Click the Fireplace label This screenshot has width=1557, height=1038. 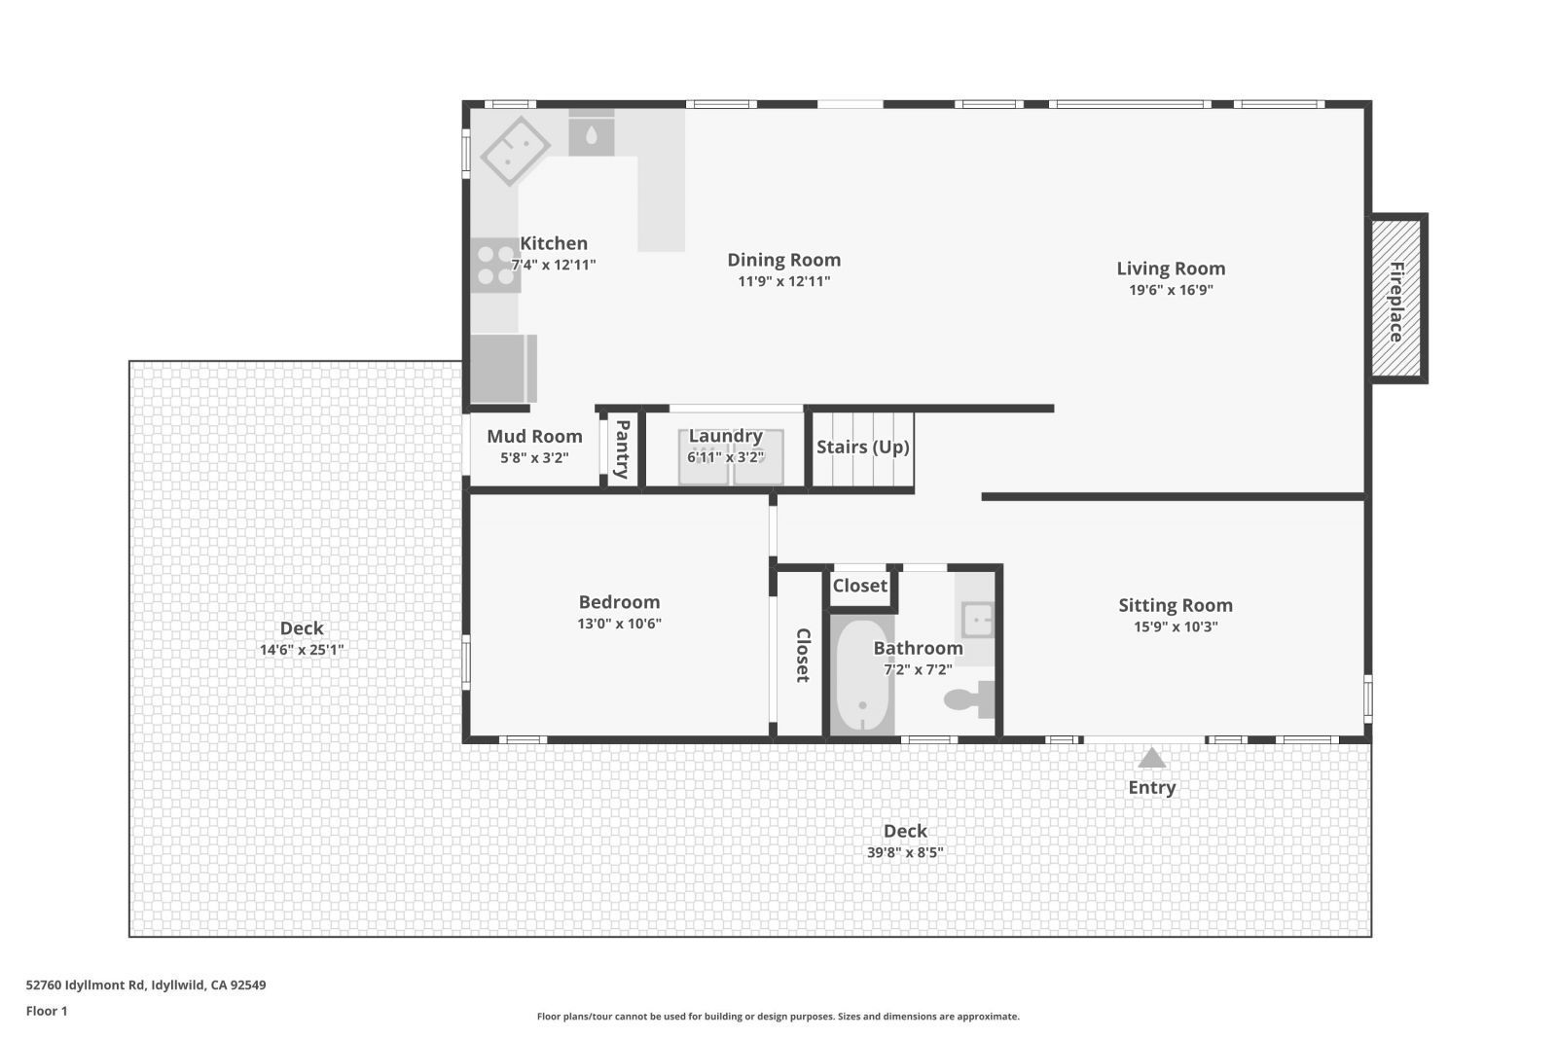click(x=1396, y=302)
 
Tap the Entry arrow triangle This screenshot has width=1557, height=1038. click(x=1151, y=758)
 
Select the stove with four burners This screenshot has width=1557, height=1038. click(x=495, y=266)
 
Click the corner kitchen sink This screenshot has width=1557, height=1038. click(x=516, y=151)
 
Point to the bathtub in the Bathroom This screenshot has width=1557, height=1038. click(x=861, y=677)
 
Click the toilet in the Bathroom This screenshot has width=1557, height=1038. click(x=968, y=699)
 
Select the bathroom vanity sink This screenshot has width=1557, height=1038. click(x=976, y=619)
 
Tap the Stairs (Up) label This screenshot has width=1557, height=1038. click(x=862, y=447)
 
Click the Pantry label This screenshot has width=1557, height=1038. click(x=623, y=448)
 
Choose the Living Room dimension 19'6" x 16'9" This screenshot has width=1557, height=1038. click(x=1170, y=290)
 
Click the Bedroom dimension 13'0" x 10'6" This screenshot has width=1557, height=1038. click(x=619, y=624)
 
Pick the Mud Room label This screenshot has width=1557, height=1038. click(x=534, y=437)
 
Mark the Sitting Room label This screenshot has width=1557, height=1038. click(x=1175, y=605)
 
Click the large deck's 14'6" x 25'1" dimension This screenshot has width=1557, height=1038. click(x=302, y=650)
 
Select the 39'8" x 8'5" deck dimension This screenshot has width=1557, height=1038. click(x=905, y=853)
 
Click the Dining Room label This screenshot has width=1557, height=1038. click(x=783, y=260)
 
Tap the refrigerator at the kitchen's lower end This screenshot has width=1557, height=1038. click(x=501, y=368)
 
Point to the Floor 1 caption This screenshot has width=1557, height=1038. click(x=47, y=1011)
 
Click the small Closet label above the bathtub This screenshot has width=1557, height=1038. click(x=859, y=586)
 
